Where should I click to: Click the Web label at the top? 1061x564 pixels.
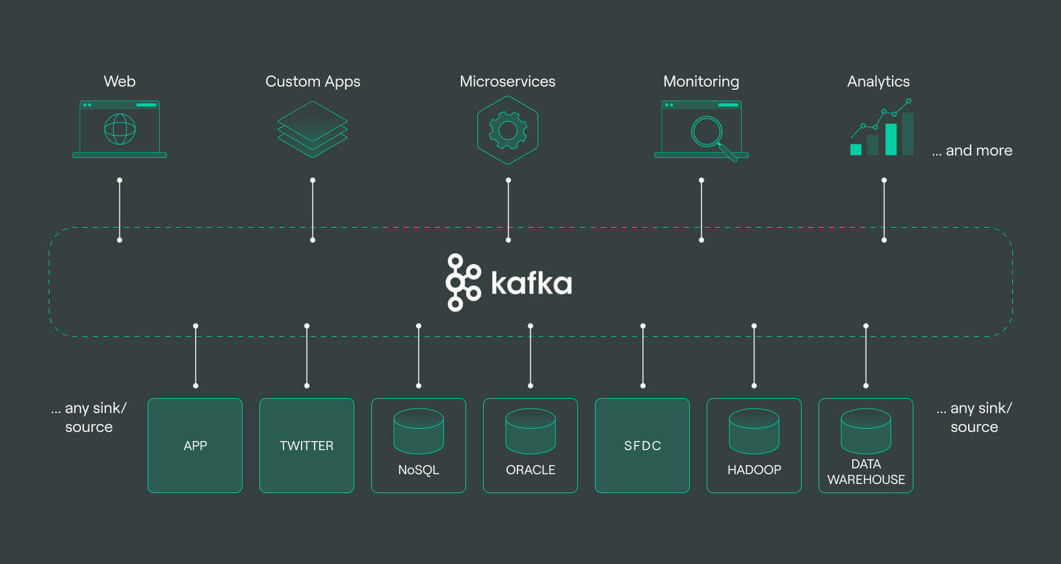(x=120, y=81)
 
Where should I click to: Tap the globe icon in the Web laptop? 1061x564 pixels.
(x=120, y=129)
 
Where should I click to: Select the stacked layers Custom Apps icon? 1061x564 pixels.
(x=313, y=129)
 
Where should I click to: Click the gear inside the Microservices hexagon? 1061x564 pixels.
(x=508, y=130)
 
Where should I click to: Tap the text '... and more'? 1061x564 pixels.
(x=972, y=150)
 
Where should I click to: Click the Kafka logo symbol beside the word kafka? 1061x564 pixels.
(x=462, y=282)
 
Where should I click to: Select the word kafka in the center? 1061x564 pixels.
(x=531, y=283)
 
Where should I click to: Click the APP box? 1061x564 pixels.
(x=195, y=446)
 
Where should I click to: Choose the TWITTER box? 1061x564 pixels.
(x=307, y=446)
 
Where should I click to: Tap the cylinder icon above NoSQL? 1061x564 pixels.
(x=419, y=431)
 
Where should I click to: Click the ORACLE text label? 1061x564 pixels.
(x=530, y=470)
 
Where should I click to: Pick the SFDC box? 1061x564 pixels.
(x=642, y=446)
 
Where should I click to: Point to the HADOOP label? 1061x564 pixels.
(x=754, y=470)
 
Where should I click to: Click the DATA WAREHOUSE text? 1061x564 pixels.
(x=866, y=472)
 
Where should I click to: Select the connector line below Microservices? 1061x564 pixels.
(x=508, y=210)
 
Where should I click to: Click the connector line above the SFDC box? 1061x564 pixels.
(x=643, y=356)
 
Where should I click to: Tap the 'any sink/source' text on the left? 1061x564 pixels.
(x=89, y=418)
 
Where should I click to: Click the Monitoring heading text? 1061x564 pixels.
(x=701, y=81)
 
